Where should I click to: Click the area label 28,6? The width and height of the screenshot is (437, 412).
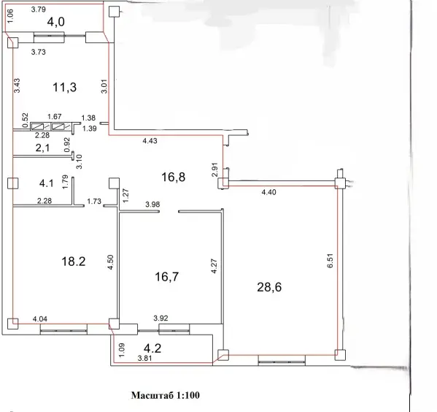(x=269, y=287)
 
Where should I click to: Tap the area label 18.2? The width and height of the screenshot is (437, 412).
(x=73, y=262)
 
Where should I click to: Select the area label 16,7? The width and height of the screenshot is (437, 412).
(x=166, y=277)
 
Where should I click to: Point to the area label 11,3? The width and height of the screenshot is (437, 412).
(x=64, y=87)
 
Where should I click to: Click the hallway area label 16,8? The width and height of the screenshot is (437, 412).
(x=174, y=177)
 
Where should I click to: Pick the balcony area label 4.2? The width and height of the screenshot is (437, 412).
(x=152, y=348)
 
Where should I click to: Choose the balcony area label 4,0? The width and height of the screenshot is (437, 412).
(x=55, y=21)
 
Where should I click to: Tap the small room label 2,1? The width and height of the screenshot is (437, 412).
(x=42, y=148)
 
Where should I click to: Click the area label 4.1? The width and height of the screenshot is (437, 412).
(x=46, y=183)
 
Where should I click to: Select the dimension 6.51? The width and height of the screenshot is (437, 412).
(x=330, y=261)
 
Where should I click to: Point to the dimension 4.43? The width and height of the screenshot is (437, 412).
(x=150, y=141)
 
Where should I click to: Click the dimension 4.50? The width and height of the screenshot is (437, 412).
(x=111, y=262)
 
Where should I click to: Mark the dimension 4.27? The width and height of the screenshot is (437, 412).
(x=214, y=267)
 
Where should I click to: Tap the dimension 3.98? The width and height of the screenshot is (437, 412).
(x=152, y=205)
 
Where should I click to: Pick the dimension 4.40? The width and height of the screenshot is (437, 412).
(x=268, y=192)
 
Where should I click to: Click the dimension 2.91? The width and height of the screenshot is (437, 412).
(x=214, y=169)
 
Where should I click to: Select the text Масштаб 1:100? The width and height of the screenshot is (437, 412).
(x=166, y=395)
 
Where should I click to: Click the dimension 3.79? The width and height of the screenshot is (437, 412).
(x=38, y=9)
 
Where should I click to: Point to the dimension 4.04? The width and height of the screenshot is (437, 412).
(x=40, y=318)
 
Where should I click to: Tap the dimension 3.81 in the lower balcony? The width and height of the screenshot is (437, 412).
(x=145, y=358)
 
